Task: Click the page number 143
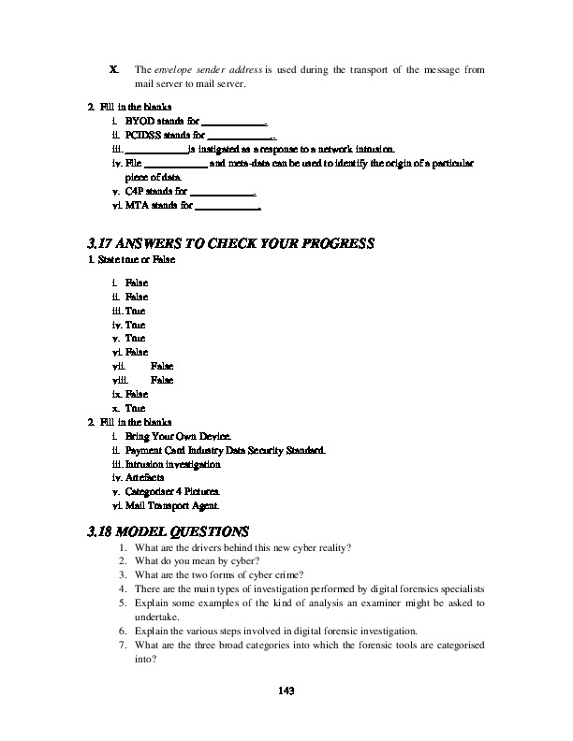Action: (286, 690)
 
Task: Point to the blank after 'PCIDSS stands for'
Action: (239, 136)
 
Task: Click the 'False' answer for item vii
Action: (162, 366)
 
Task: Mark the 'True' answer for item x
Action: (135, 408)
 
